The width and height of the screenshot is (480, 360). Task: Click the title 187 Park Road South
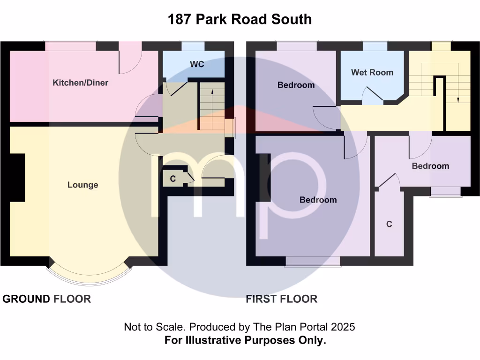(x=240, y=19)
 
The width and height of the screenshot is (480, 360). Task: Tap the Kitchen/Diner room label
(x=80, y=83)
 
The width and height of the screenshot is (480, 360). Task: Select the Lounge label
(x=83, y=185)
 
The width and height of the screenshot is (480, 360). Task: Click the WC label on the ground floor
(x=197, y=64)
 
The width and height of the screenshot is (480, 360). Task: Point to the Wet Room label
(x=372, y=72)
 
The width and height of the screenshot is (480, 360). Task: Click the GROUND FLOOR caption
(x=47, y=299)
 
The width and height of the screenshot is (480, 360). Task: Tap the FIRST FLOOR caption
(x=281, y=299)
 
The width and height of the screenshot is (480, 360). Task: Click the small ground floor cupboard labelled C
(x=173, y=179)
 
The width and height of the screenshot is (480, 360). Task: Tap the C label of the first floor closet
(x=389, y=225)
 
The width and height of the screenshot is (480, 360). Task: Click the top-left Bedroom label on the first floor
(x=296, y=85)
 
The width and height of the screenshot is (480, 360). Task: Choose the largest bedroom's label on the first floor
(x=318, y=200)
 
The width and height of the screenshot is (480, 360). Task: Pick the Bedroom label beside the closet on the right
(x=430, y=166)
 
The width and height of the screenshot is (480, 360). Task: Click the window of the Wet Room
(x=375, y=46)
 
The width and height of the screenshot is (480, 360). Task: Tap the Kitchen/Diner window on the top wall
(x=71, y=46)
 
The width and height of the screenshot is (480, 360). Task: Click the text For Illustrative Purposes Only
(x=245, y=340)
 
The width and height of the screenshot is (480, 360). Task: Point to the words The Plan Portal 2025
(x=304, y=327)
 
